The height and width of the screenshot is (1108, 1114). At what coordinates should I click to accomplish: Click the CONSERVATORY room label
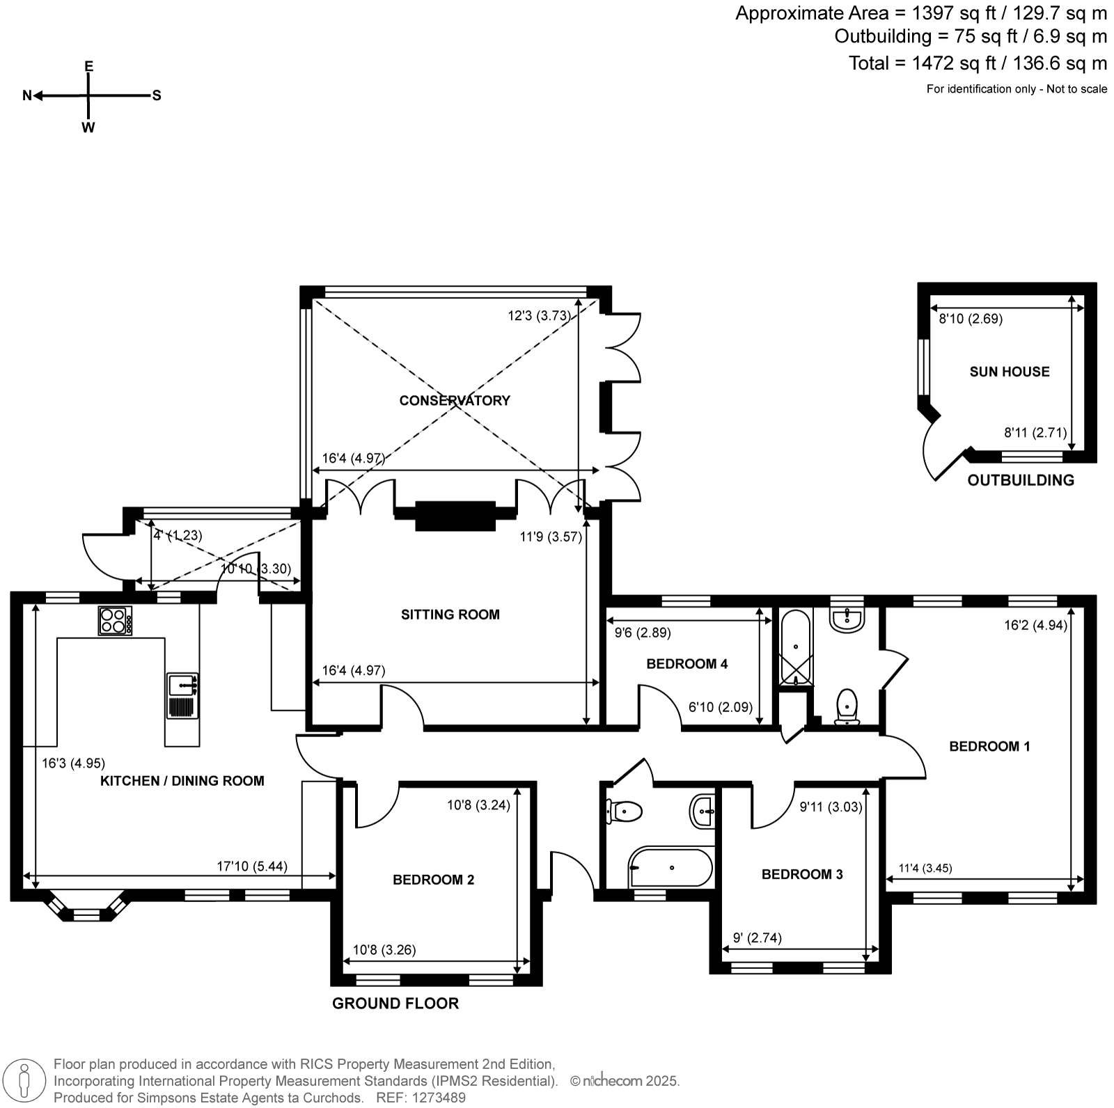[455, 400]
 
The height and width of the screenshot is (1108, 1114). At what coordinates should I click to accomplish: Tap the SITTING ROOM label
[450, 615]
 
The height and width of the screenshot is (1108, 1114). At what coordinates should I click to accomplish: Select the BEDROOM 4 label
[687, 664]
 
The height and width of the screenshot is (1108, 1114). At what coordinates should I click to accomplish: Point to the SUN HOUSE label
[1010, 372]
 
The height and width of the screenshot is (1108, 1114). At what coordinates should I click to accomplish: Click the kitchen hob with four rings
[115, 621]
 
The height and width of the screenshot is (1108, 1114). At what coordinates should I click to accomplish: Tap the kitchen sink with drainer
[182, 695]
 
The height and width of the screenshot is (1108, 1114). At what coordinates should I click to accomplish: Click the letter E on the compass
[88, 67]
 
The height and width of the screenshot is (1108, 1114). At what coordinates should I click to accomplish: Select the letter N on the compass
[27, 96]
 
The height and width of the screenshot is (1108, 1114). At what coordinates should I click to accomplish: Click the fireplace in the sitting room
[455, 516]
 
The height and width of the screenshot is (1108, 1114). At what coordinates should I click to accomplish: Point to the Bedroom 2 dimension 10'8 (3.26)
[384, 950]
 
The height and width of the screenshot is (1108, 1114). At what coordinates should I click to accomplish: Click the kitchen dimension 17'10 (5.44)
[252, 867]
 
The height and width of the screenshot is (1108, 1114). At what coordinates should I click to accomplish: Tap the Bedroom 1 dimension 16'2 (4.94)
[1036, 625]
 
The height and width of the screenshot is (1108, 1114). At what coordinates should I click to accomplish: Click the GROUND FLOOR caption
[395, 1004]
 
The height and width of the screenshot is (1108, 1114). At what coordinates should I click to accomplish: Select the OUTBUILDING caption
[1021, 480]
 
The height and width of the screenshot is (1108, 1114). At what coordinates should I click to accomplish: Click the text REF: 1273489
[421, 1098]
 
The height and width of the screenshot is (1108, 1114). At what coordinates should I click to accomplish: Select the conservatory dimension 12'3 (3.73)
[540, 315]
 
